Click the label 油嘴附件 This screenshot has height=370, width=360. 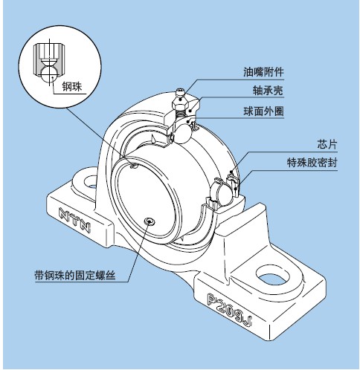[264, 73]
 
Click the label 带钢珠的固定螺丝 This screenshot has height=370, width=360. [79, 272]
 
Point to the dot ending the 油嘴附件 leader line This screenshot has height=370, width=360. [184, 88]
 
